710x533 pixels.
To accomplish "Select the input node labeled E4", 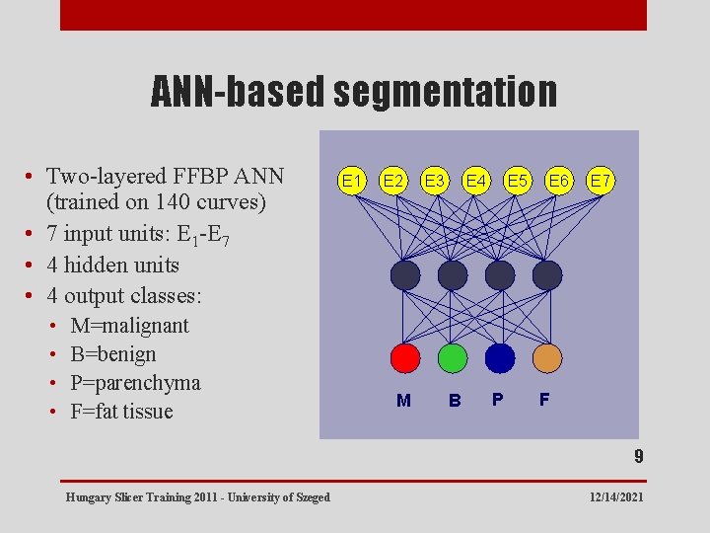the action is [476, 181].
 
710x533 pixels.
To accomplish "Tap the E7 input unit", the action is [600, 181].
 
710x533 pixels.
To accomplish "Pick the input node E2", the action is [393, 181].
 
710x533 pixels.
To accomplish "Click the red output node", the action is [404, 357].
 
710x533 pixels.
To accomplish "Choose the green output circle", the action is [453, 357].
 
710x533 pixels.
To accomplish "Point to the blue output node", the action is [500, 357].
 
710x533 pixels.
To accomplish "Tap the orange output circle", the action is [547, 357].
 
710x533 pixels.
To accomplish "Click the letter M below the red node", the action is [403, 401].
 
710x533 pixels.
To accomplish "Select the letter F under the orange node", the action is [544, 400].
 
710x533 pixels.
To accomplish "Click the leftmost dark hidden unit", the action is [404, 275].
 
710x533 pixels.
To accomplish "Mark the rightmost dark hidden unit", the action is [547, 275].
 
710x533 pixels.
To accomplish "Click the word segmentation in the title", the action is [445, 92].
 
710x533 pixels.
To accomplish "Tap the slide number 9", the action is [639, 457].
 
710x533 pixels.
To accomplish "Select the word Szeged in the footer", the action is [312, 496].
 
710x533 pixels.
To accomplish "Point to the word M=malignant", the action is [129, 326].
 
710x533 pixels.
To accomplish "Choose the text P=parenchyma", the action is [135, 383].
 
